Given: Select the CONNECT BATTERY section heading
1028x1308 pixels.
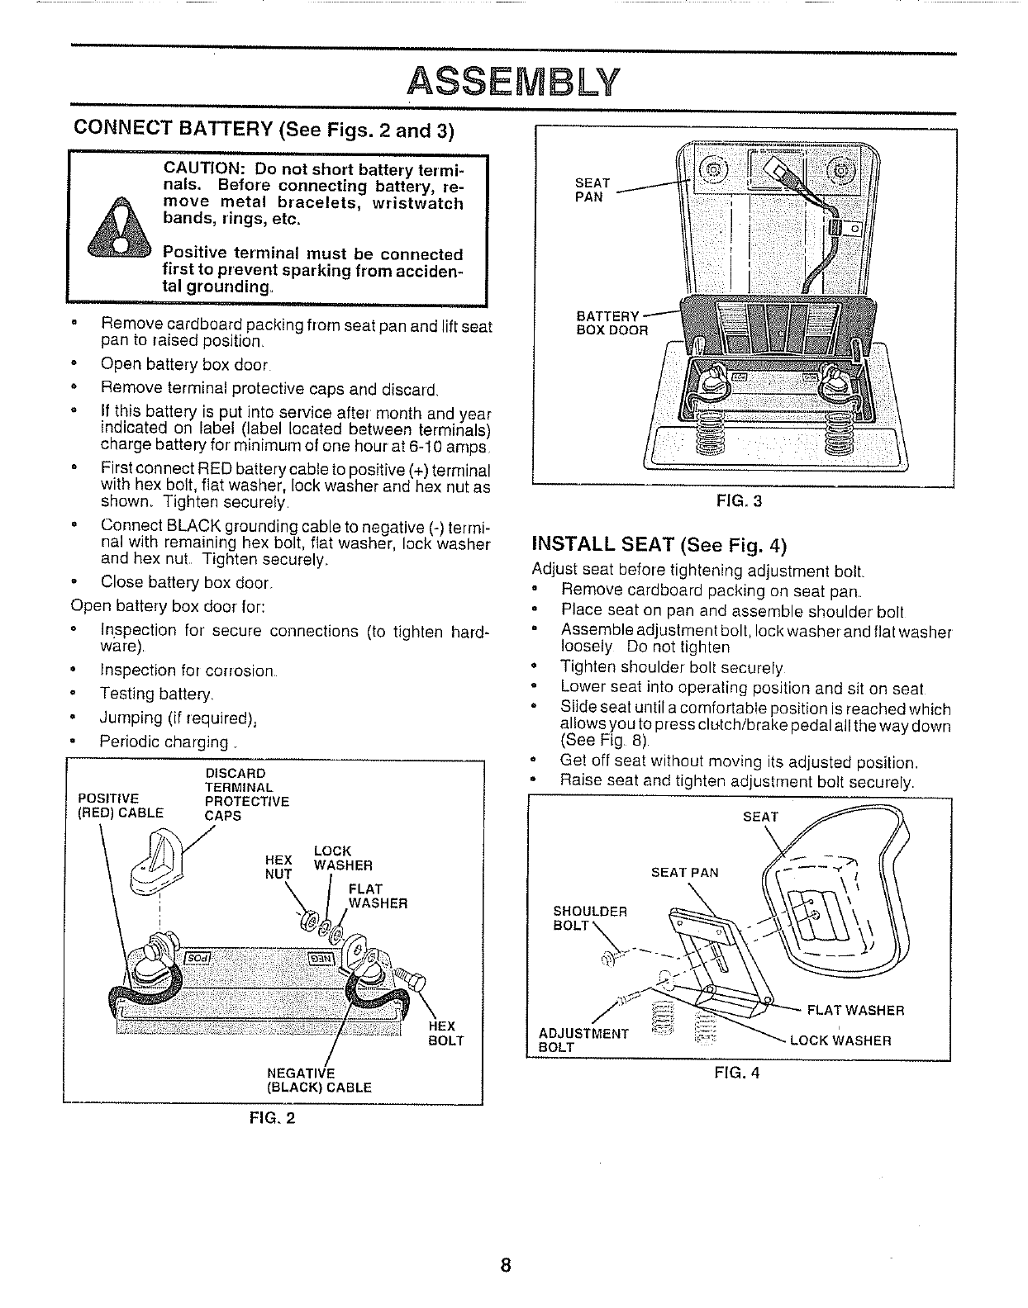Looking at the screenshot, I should click(x=264, y=130).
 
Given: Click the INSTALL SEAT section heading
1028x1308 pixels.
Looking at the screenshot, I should click(x=659, y=545).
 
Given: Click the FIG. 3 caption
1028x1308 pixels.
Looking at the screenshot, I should click(x=742, y=500).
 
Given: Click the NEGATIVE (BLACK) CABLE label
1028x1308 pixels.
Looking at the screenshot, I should click(x=319, y=1080).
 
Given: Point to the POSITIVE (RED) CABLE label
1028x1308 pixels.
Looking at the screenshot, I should click(x=120, y=804).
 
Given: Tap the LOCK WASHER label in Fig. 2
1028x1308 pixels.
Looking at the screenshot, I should click(x=342, y=858).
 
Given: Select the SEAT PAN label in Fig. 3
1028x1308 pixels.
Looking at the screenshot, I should click(x=593, y=190).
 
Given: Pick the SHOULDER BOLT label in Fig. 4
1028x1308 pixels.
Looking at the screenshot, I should click(x=589, y=918).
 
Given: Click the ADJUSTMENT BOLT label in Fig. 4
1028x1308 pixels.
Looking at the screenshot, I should click(x=583, y=1040).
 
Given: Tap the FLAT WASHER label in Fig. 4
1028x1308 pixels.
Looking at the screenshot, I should click(x=854, y=1011).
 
